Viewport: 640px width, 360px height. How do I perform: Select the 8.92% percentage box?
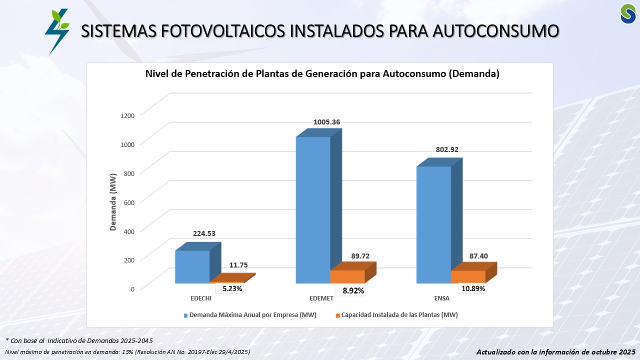click(x=353, y=290)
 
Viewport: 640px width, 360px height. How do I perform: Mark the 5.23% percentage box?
click(x=232, y=288)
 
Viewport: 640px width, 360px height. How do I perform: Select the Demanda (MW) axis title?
click(x=113, y=202)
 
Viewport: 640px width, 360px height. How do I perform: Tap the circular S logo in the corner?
click(x=628, y=13)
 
